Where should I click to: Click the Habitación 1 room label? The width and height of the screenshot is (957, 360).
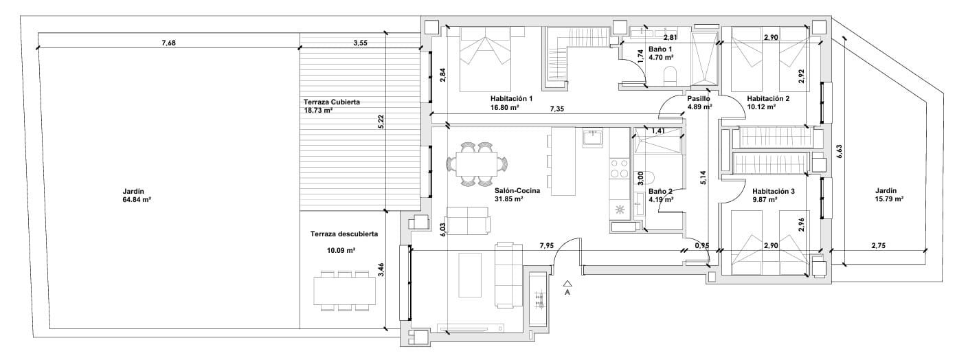tap(511, 98)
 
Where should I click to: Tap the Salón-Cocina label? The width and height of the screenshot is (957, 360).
tap(517, 190)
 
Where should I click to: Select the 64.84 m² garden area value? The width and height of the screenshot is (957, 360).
tap(136, 200)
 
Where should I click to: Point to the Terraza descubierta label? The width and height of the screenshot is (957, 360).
tap(344, 234)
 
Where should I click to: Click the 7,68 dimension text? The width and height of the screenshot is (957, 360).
tap(168, 43)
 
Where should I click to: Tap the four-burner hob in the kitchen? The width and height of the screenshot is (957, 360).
tap(619, 168)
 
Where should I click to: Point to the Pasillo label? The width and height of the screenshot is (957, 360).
tap(699, 98)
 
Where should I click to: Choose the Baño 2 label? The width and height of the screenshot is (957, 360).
tap(660, 191)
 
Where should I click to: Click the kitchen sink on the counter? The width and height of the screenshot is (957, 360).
tap(592, 138)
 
